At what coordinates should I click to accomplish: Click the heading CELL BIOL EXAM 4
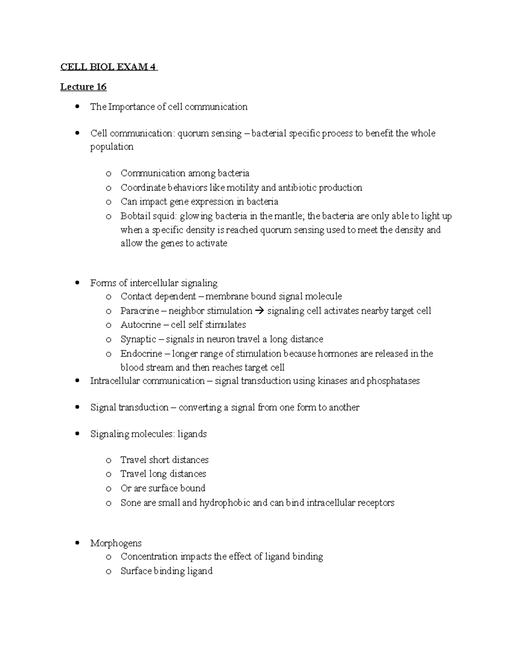(x=109, y=67)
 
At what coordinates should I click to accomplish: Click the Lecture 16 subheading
(x=83, y=87)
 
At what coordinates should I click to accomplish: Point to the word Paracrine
(x=139, y=311)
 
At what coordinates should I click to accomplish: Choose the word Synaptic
(x=138, y=339)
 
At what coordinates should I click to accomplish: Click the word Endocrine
(x=141, y=354)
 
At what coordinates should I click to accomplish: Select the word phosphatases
(x=393, y=381)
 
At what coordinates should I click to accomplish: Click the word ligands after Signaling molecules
(x=192, y=434)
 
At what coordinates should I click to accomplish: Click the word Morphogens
(x=116, y=543)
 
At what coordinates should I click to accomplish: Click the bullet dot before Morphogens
(x=77, y=543)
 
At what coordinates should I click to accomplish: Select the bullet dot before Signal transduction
(x=77, y=407)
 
